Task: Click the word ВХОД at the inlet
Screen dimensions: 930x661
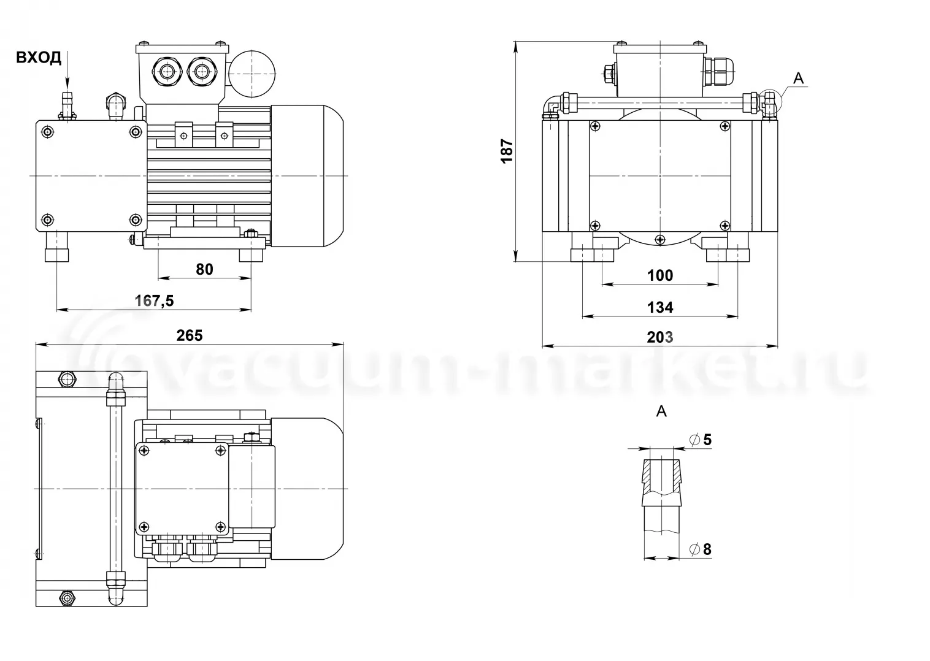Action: pos(39,58)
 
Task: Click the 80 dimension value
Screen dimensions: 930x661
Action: pos(204,270)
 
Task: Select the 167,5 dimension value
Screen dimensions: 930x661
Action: pos(154,301)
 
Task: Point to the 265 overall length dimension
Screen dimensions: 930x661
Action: pos(190,335)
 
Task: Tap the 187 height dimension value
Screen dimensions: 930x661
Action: pos(507,151)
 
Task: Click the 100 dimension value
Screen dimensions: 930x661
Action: pos(660,275)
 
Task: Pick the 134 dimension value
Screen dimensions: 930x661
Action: pos(660,307)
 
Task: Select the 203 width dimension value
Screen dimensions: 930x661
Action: pos(660,337)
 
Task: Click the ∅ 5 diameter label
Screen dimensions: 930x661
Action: pos(701,440)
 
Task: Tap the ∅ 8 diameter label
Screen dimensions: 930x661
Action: pos(701,549)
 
